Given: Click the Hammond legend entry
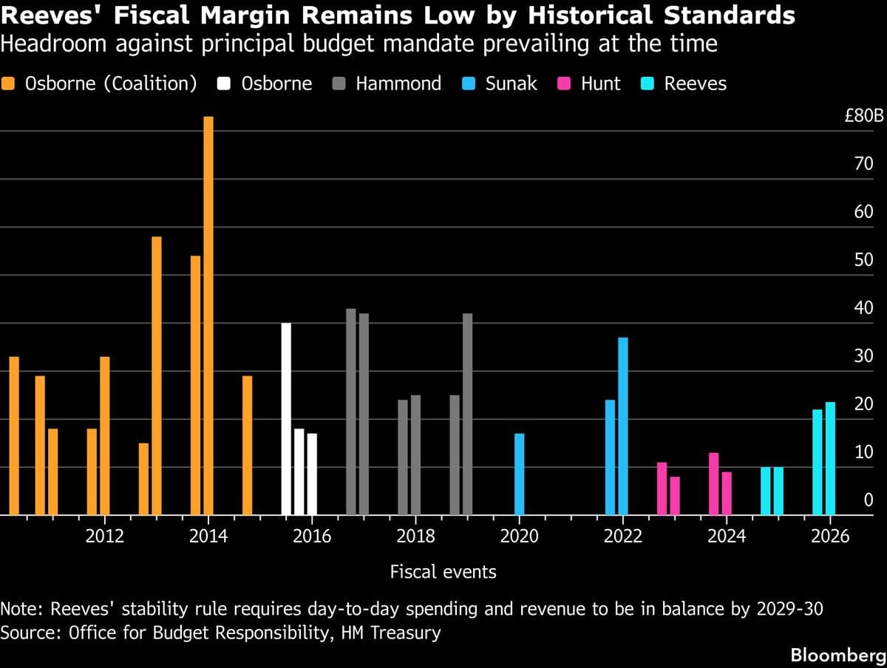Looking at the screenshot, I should (x=398, y=83).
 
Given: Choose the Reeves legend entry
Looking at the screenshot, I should (x=695, y=83).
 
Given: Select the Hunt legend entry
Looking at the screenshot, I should (x=600, y=83).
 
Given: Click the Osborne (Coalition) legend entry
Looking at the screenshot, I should (x=111, y=83).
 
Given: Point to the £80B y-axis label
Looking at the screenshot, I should (x=863, y=117).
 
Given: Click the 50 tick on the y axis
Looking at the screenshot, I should (x=863, y=261).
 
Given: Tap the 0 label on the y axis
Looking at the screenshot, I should (x=869, y=501).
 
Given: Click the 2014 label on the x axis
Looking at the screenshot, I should (x=208, y=536).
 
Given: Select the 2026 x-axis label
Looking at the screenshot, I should (x=829, y=536).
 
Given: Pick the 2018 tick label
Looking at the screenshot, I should (x=415, y=536).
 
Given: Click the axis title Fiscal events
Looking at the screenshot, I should (x=443, y=571).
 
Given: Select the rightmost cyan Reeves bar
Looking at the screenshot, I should (x=830, y=459).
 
